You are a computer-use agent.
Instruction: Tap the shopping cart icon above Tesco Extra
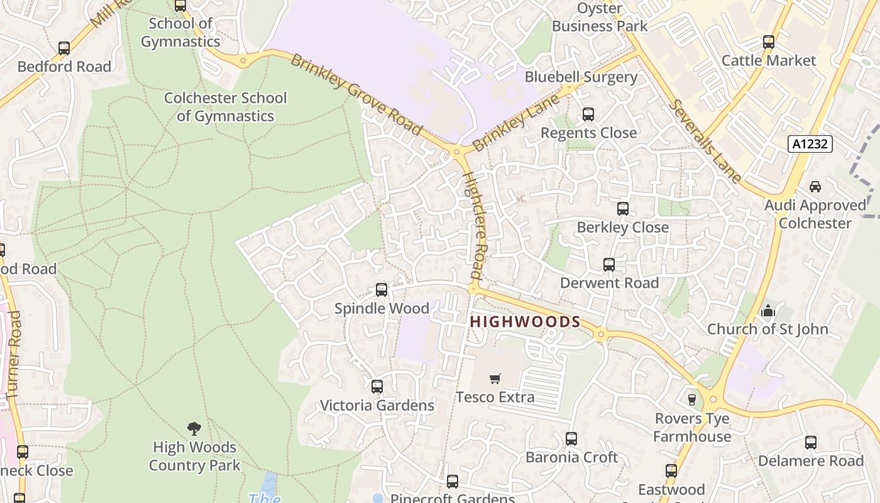click(495, 379)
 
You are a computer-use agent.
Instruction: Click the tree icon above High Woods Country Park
click(194, 429)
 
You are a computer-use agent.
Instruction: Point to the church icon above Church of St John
click(767, 311)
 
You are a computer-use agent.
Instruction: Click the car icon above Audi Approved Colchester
click(815, 187)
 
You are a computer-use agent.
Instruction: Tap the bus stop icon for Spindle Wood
click(382, 290)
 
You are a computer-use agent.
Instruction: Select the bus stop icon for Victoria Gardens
click(377, 387)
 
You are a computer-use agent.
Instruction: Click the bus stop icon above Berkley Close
click(623, 209)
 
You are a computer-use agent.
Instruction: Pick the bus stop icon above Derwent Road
click(609, 265)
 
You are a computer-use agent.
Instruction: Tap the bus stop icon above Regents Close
click(588, 114)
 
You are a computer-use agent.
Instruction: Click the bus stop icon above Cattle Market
click(768, 42)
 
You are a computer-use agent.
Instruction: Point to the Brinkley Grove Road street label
click(356, 95)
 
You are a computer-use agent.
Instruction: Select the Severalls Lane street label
click(706, 141)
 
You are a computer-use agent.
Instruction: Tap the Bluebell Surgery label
click(581, 77)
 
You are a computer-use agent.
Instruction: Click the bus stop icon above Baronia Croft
click(571, 439)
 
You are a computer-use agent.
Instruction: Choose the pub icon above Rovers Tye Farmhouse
click(692, 400)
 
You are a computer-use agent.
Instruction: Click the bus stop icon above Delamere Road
click(811, 443)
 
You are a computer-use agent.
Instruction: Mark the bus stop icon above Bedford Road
click(64, 48)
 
